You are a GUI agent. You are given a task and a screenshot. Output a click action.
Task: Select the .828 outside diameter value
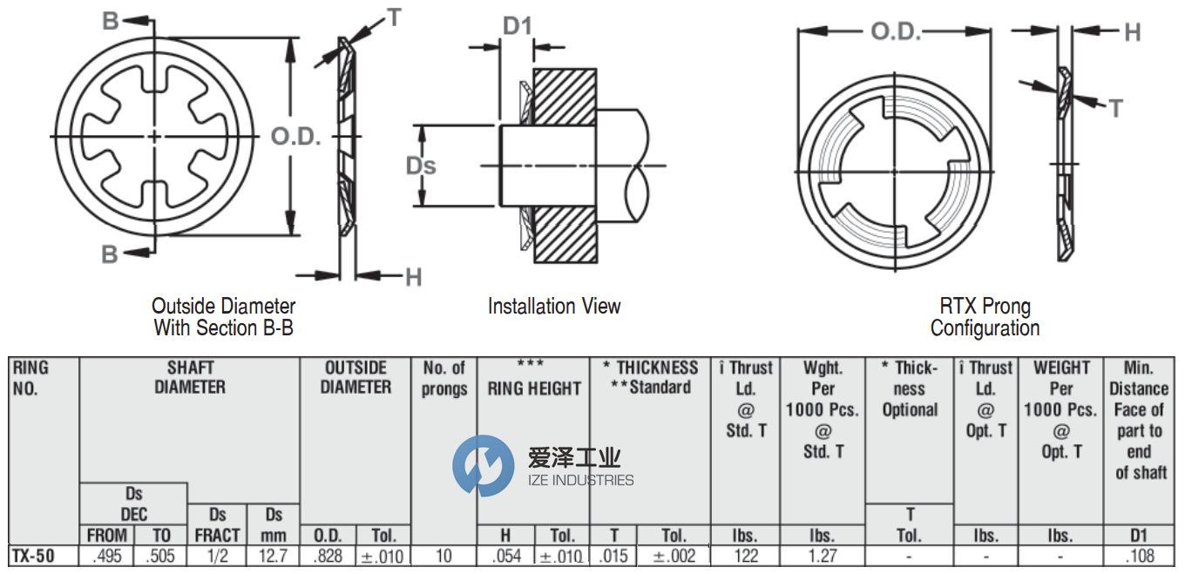328,556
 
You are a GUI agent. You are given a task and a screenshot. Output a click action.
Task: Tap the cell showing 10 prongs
444,556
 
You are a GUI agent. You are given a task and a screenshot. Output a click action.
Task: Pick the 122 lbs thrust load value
746,556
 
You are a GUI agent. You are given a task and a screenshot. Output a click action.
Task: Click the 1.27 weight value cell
822,556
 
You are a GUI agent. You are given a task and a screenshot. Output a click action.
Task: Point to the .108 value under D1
1140,556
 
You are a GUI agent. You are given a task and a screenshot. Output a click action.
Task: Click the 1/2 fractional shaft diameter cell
217,556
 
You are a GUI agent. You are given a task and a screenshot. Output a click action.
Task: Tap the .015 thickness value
613,556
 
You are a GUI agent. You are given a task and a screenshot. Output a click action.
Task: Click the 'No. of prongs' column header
444,378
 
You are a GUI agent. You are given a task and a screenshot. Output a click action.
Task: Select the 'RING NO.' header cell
32,378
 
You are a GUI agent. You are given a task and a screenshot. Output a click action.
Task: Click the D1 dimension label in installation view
517,27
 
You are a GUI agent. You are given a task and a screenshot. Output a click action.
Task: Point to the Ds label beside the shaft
422,165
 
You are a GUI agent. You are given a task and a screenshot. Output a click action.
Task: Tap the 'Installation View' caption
554,307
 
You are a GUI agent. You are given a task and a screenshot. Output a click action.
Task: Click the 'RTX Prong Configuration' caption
985,317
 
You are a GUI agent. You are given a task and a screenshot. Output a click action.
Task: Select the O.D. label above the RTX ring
896,32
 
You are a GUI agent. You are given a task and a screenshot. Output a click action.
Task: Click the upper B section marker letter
111,21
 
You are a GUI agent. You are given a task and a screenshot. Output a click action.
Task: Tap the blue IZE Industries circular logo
483,466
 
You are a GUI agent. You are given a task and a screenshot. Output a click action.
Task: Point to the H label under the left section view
414,277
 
